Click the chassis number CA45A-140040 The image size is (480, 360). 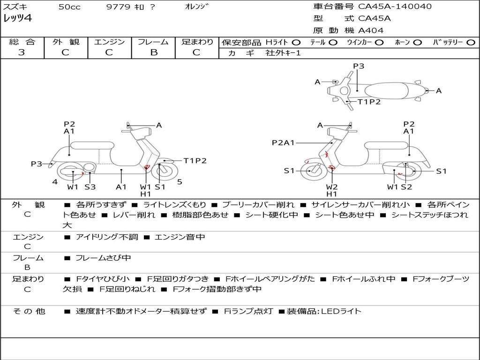click(395, 7)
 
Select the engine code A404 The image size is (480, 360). click(371, 30)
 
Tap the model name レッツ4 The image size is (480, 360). click(17, 19)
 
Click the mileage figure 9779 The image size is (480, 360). click(117, 7)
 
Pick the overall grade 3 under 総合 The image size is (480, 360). click(22, 52)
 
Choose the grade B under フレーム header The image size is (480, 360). click(153, 52)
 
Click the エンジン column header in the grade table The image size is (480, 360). click(109, 42)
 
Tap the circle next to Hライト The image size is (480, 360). click(296, 43)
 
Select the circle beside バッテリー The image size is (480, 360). click(471, 43)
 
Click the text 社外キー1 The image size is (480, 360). click(284, 53)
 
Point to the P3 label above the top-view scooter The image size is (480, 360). click(359, 66)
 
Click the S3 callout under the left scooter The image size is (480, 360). click(90, 187)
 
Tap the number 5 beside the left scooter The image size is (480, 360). click(180, 181)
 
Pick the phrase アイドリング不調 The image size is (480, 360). click(107, 237)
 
